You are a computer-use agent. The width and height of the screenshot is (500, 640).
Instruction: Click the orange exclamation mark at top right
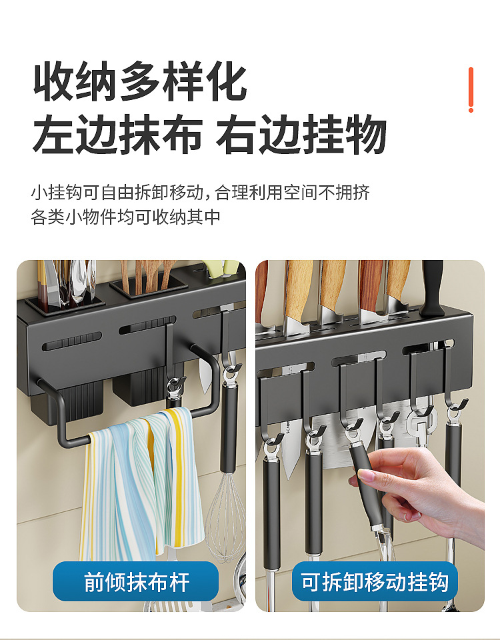click(471, 89)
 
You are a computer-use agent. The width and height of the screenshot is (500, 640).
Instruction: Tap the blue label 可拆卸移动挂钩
click(374, 582)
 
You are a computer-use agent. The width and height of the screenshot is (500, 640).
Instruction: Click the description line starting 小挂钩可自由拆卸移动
click(200, 193)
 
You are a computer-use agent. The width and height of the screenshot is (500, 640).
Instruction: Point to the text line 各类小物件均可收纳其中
click(126, 217)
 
